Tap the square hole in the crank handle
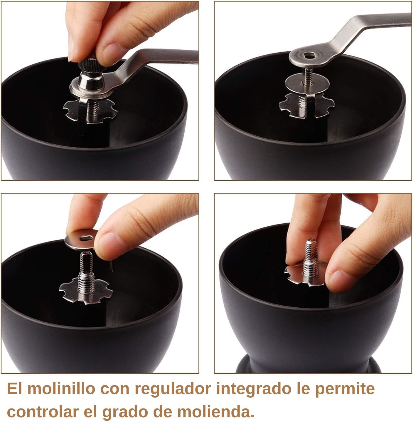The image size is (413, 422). click(x=309, y=56)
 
